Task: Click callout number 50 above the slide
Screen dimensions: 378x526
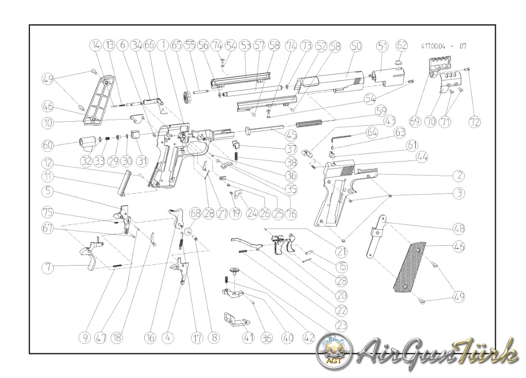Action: point(356,46)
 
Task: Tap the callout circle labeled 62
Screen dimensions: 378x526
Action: point(402,45)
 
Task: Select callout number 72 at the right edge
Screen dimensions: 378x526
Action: point(474,122)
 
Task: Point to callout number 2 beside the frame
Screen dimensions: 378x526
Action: point(459,176)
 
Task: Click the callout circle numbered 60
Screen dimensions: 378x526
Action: point(49,145)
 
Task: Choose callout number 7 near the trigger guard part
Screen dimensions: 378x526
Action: point(49,267)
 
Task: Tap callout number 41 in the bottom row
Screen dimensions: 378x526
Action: point(248,338)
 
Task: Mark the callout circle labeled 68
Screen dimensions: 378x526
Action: point(195,213)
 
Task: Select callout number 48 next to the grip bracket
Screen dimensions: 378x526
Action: point(459,228)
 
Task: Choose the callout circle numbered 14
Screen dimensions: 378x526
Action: point(96,45)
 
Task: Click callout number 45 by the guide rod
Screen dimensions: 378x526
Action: point(290,136)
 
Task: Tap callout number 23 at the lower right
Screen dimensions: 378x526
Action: point(342,326)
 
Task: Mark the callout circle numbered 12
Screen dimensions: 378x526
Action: point(49,162)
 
